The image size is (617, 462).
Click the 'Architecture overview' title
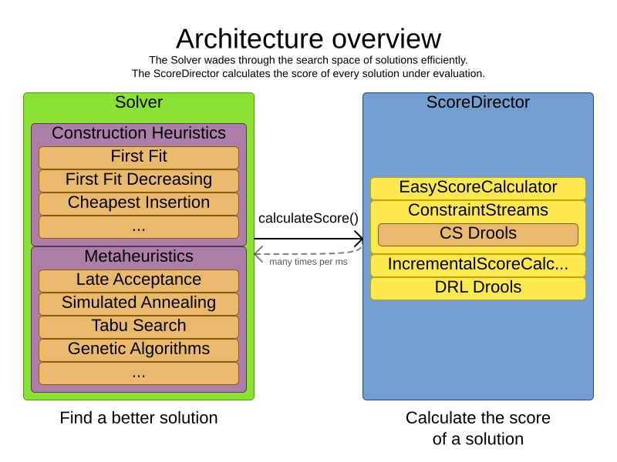coord(308,38)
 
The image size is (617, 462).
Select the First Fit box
coord(139,157)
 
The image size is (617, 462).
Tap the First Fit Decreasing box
coord(139,180)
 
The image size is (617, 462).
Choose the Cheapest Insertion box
coord(139,203)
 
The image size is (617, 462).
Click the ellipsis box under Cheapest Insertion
coord(139,227)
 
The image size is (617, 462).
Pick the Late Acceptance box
coord(139,280)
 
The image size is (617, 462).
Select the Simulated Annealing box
coord(139,303)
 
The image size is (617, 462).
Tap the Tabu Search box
coord(139,326)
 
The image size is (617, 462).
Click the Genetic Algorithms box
coord(139,350)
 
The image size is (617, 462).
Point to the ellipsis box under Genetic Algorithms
coord(139,373)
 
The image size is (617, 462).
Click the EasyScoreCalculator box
coord(478,188)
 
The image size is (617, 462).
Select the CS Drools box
coord(478,234)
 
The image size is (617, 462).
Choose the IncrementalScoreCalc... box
coord(478,265)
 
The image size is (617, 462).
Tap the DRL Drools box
coord(478,288)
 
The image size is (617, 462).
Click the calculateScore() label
coord(308,218)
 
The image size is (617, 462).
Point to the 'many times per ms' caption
coord(308,262)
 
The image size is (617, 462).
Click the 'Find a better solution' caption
coord(139,418)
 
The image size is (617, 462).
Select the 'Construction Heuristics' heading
coord(139,133)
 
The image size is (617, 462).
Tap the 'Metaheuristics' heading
coord(139,256)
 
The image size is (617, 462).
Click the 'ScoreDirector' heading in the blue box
coord(478,102)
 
